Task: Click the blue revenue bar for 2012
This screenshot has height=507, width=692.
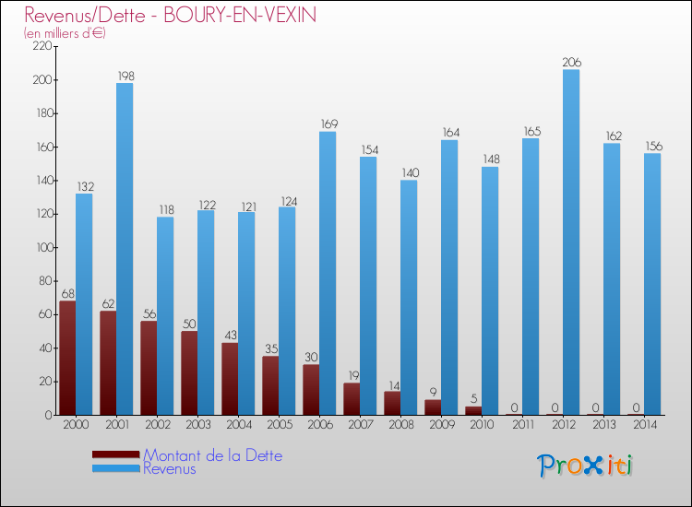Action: pos(571,242)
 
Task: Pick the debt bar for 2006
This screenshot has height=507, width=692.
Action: pos(311,389)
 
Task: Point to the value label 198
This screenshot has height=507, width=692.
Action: pos(125,75)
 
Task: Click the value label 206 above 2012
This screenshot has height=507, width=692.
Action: pos(571,62)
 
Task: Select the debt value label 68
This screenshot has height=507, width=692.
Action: pos(67,293)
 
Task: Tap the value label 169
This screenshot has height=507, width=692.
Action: pos(328,124)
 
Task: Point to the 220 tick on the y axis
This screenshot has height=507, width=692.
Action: pos(42,46)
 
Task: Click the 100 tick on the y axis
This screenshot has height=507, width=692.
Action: pos(42,247)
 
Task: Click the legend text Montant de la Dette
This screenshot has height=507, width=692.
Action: pos(212,455)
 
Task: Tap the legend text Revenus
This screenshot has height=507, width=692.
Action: pos(170,468)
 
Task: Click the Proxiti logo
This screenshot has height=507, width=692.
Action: pos(585,466)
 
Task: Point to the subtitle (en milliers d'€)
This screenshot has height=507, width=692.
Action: pos(66,32)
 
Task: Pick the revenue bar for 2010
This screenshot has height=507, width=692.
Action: pos(490,290)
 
